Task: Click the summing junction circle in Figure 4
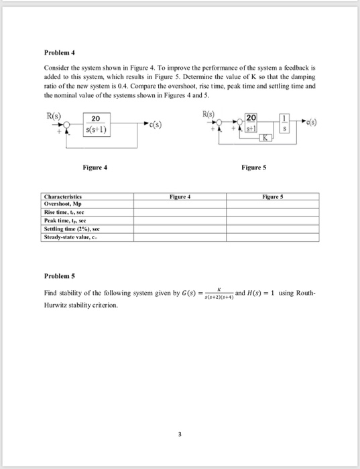pos(67,125)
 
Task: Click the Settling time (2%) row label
pos(70,228)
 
